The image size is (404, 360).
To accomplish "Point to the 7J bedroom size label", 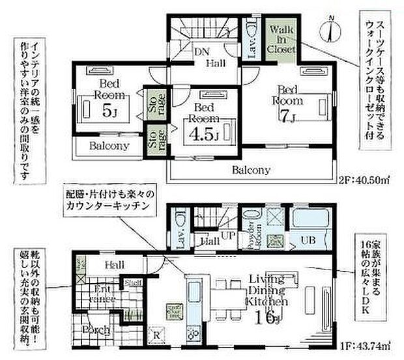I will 287,117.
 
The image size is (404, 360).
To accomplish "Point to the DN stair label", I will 202,52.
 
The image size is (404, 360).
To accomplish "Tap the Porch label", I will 94,329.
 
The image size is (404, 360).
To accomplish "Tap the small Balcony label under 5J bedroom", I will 109,146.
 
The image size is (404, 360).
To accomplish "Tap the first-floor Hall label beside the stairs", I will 209,241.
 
